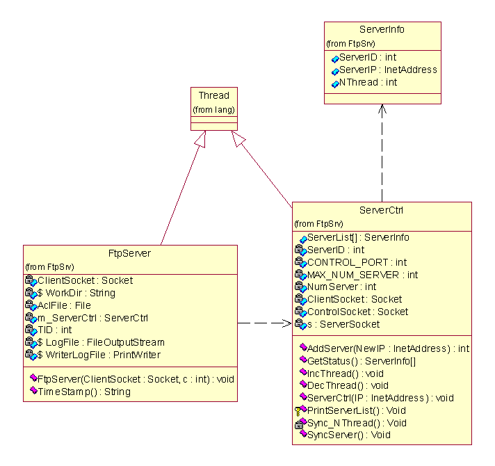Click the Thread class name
coord(213,95)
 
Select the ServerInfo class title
coord(382,29)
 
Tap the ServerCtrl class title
coord(382,210)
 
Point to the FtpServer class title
coord(130,253)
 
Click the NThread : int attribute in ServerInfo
coord(368,82)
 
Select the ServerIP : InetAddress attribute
coord(387,70)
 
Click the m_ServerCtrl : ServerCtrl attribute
coord(83,318)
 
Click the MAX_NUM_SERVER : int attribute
coord(362,275)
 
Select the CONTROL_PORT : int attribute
coord(357,262)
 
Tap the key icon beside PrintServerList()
coord(298,410)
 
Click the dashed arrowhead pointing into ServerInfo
coord(382,109)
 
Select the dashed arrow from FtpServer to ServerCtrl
coord(264,323)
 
